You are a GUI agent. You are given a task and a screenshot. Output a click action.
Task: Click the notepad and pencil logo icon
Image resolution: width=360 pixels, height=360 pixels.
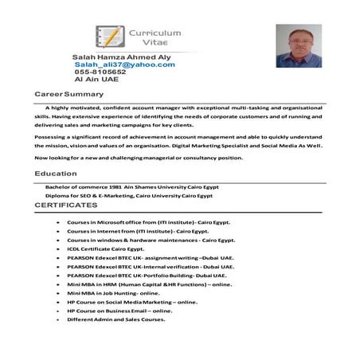pyautogui.click(x=108, y=35)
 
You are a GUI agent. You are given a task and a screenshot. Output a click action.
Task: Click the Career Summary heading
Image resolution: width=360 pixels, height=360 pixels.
pyautogui.click(x=69, y=95)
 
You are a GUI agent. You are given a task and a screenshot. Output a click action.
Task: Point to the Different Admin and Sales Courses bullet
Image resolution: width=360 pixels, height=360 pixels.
pyautogui.click(x=116, y=319)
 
